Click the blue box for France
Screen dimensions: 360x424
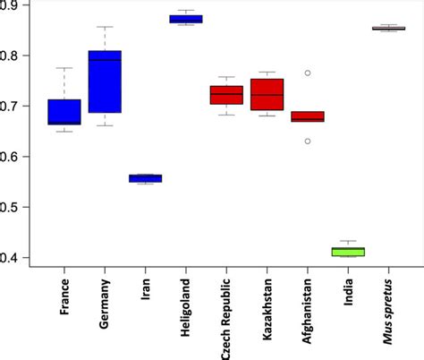point(64,112)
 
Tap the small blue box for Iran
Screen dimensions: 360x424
point(145,178)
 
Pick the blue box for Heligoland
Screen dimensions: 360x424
point(186,19)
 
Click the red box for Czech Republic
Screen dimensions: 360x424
point(226,95)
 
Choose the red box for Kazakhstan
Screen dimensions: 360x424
point(267,94)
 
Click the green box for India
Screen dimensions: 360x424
point(348,252)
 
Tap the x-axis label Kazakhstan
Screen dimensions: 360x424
point(267,308)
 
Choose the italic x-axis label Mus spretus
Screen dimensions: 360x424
point(389,308)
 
